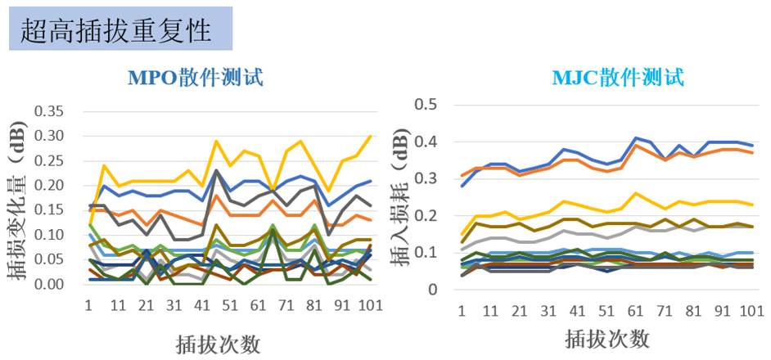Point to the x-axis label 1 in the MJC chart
point(462,312)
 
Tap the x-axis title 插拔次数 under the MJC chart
point(606,337)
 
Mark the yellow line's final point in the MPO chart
point(371,136)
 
